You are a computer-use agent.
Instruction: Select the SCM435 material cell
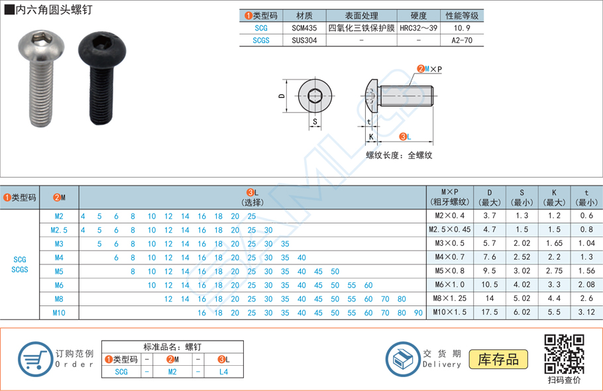(x=305, y=28)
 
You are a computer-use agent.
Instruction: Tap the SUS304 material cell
(x=305, y=40)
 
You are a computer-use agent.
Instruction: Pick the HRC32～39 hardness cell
(x=419, y=28)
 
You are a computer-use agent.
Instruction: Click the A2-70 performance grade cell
(x=462, y=40)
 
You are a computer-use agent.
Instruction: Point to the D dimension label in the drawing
(x=281, y=97)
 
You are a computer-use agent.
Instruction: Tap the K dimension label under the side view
(x=371, y=137)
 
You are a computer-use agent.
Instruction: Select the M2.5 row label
(x=59, y=230)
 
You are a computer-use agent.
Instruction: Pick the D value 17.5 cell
(x=490, y=312)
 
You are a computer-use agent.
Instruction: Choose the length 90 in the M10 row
(x=417, y=313)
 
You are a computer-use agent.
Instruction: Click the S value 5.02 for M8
(x=521, y=299)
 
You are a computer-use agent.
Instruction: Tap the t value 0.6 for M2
(x=586, y=216)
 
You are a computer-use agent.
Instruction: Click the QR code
(x=564, y=354)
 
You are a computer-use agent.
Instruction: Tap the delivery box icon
(x=403, y=359)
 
